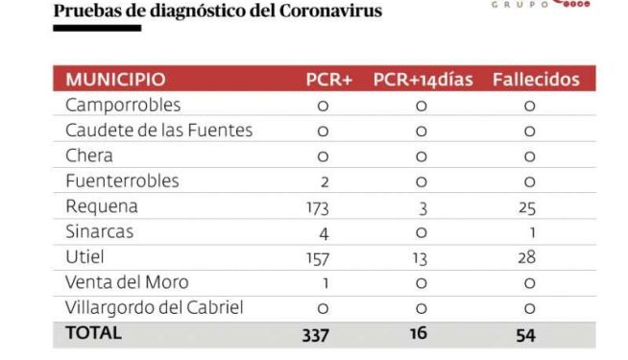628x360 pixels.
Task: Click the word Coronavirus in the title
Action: [x=331, y=11]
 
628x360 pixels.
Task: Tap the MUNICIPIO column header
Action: [x=115, y=80]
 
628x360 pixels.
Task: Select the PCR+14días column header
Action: [x=423, y=80]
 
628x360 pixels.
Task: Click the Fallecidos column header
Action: [x=536, y=80]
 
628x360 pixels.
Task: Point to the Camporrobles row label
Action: [x=123, y=105]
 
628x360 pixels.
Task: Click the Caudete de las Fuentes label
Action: [x=159, y=131]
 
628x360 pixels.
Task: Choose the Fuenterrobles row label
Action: [x=122, y=180]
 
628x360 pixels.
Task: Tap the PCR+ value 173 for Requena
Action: [x=318, y=208]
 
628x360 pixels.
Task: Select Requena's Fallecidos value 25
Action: [x=526, y=207]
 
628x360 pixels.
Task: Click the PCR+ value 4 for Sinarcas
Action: [x=324, y=233]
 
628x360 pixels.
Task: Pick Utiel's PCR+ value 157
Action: [x=318, y=258]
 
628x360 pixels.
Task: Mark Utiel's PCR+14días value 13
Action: [x=420, y=258]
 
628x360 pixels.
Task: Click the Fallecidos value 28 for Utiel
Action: [x=526, y=257]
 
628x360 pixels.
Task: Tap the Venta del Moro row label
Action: [x=127, y=282]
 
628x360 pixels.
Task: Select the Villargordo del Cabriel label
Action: [x=155, y=307]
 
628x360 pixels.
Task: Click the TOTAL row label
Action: [x=94, y=333]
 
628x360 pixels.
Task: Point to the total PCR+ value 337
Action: [x=316, y=335]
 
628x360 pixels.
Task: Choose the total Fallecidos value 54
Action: [x=525, y=335]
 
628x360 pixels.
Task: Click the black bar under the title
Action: [x=97, y=28]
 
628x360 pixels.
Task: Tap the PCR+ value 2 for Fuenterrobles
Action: [x=325, y=182]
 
